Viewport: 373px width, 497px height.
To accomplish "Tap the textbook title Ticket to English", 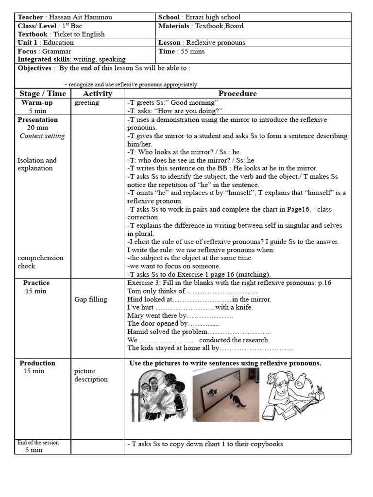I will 79,34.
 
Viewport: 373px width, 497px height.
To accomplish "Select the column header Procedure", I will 237,93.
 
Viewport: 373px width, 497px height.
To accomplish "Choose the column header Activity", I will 98,93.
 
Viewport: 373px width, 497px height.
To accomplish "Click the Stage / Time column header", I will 43,93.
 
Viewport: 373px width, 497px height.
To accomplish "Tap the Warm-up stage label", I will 37,102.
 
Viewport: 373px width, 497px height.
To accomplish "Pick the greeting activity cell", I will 86,102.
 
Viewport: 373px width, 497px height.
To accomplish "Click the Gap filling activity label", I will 91,299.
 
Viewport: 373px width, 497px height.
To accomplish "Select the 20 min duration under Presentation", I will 37,128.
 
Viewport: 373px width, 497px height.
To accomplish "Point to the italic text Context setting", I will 42,136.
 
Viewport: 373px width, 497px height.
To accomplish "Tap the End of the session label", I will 38,443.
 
